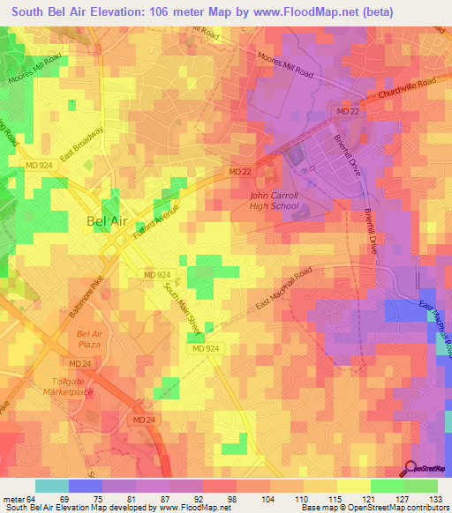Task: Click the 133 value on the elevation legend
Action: (x=436, y=499)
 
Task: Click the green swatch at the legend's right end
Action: (x=421, y=486)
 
